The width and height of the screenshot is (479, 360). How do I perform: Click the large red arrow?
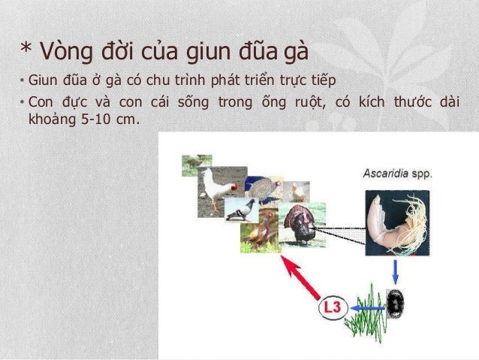[300, 278]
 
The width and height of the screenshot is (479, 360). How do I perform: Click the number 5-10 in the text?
[96, 117]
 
